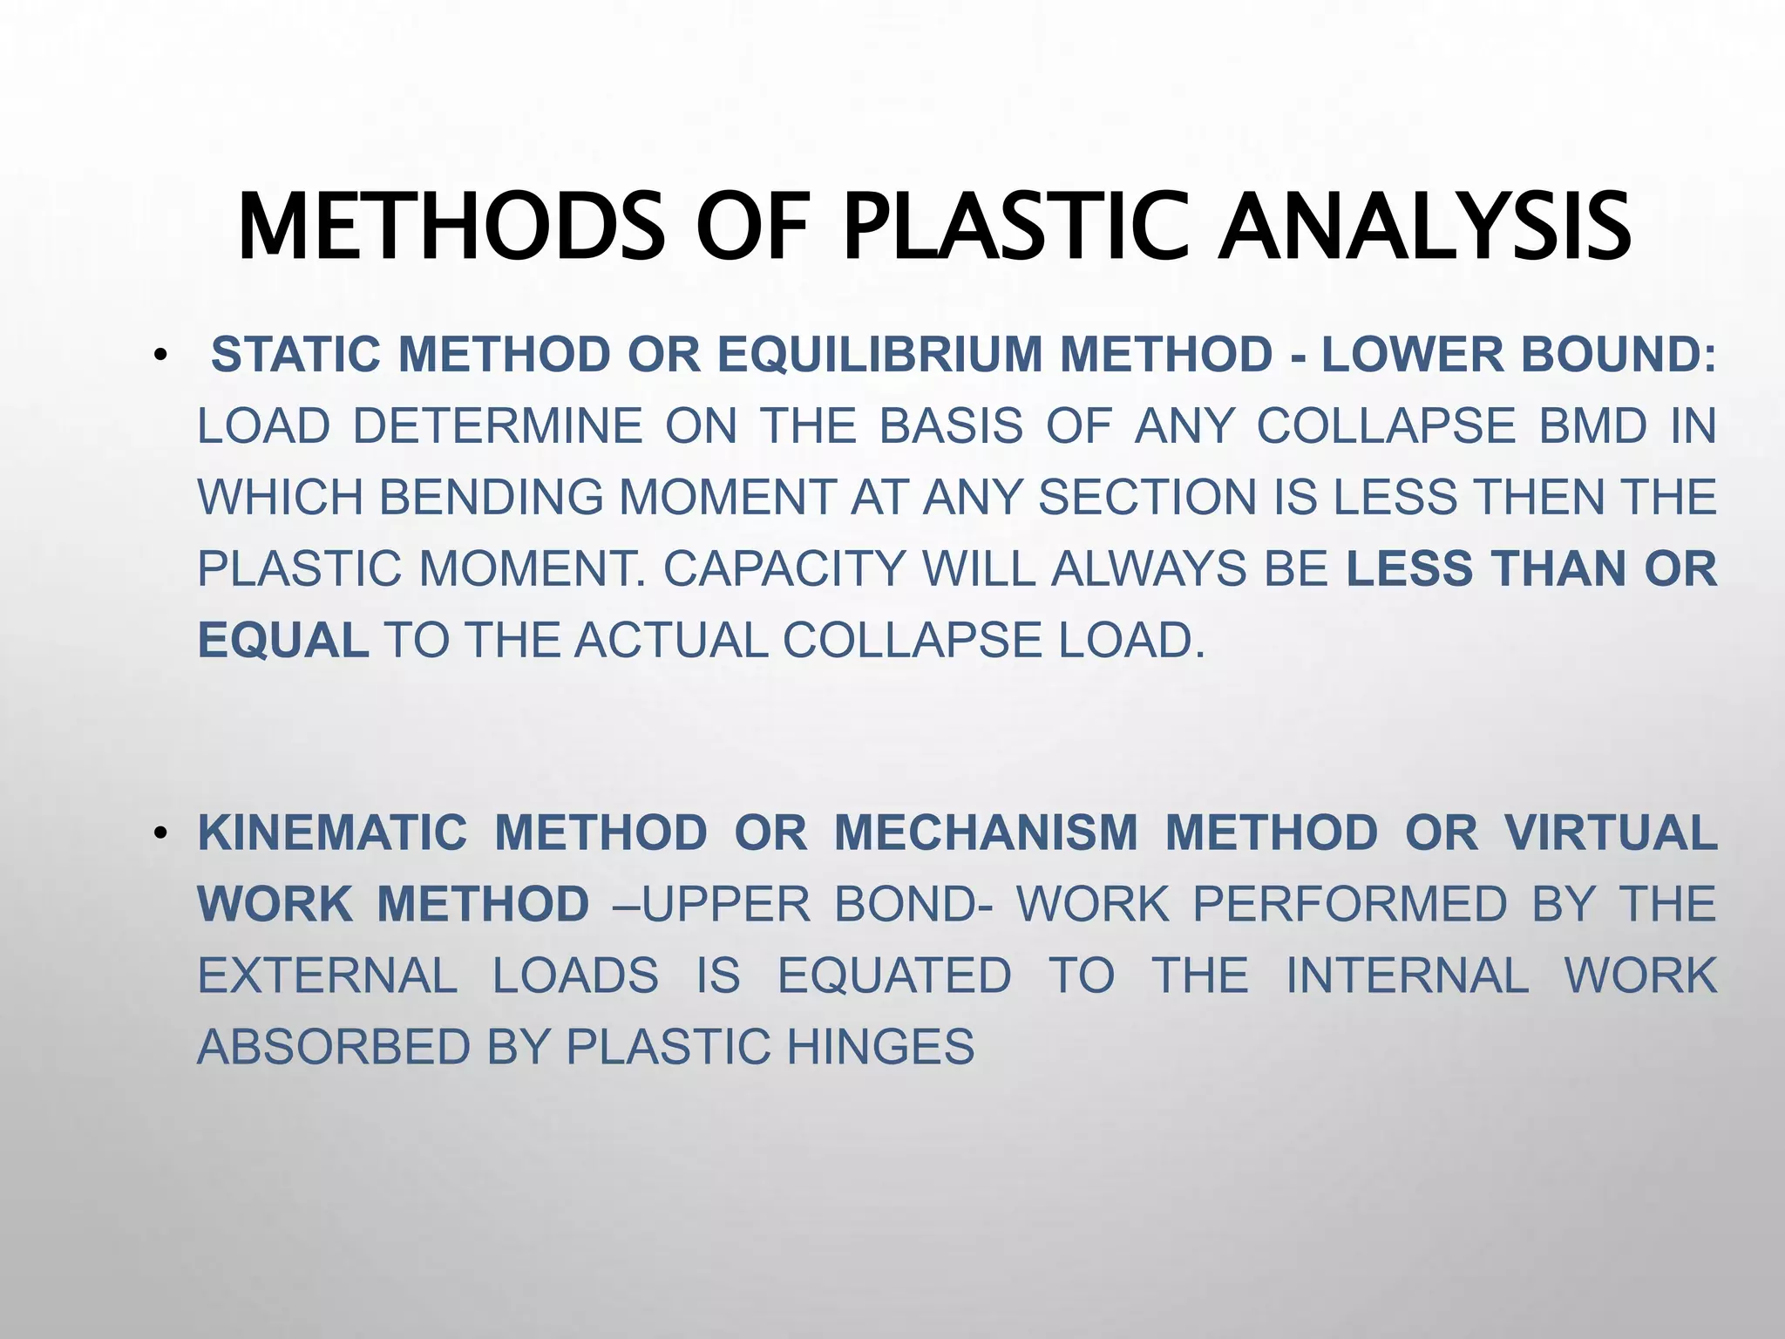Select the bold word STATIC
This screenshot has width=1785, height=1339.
tap(295, 356)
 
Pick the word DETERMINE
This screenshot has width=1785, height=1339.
tap(498, 427)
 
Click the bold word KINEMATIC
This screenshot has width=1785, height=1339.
tap(332, 833)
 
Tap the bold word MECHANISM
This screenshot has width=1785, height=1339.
tap(986, 833)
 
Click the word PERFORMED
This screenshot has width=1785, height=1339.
tap(1349, 904)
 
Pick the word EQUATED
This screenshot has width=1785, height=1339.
tap(894, 975)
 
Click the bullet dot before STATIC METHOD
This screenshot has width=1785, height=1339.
tap(159, 357)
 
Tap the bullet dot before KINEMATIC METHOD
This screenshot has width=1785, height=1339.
tap(159, 834)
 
